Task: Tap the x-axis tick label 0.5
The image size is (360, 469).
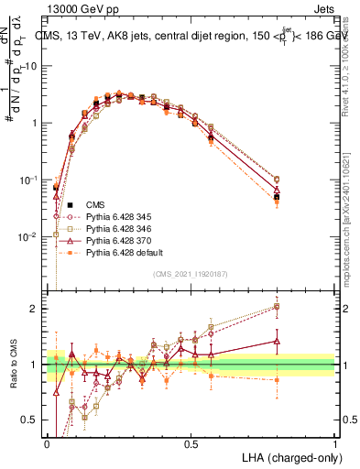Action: coord(191,443)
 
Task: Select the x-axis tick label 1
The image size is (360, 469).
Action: coord(334,443)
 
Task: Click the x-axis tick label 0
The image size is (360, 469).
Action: coord(47,443)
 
